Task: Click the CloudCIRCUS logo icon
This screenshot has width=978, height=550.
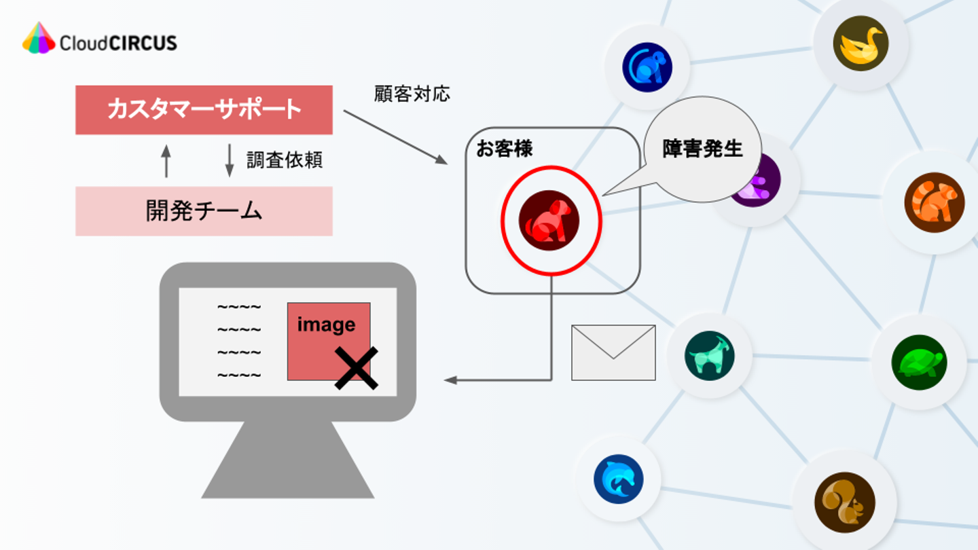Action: pyautogui.click(x=39, y=38)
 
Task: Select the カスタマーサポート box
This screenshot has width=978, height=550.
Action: pyautogui.click(x=204, y=110)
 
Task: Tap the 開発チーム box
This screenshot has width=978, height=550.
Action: pyautogui.click(x=204, y=211)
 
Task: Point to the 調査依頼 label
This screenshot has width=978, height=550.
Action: pyautogui.click(x=284, y=160)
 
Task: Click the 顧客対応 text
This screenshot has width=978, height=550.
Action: pyautogui.click(x=412, y=94)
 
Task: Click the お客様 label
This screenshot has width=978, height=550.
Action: pyautogui.click(x=504, y=149)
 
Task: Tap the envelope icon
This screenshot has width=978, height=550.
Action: pyautogui.click(x=613, y=352)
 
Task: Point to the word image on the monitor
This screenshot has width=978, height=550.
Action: pyautogui.click(x=326, y=325)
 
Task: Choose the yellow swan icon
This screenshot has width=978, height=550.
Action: pyautogui.click(x=861, y=43)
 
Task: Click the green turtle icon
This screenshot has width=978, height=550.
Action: pyautogui.click(x=919, y=363)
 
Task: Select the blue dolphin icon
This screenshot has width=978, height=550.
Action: pyautogui.click(x=618, y=479)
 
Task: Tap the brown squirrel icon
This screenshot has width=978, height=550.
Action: pyautogui.click(x=844, y=502)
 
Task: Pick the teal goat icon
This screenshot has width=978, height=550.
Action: pyautogui.click(x=709, y=356)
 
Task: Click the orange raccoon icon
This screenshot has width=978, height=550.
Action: pyautogui.click(x=934, y=202)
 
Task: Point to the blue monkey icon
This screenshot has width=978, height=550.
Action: pyautogui.click(x=647, y=67)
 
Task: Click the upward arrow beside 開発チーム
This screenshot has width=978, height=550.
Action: pyautogui.click(x=166, y=161)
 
